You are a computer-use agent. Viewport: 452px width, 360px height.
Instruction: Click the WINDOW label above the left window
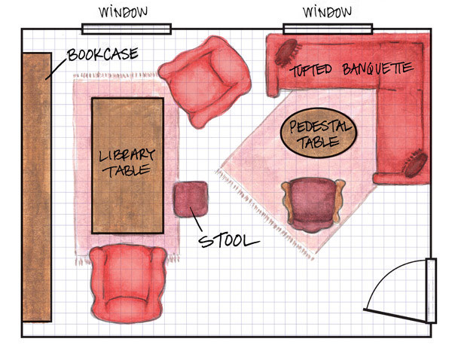[x=127, y=12]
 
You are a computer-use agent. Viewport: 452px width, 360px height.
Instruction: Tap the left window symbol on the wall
[x=127, y=30]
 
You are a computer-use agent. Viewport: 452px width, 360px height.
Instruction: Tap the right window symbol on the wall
[x=328, y=29]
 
